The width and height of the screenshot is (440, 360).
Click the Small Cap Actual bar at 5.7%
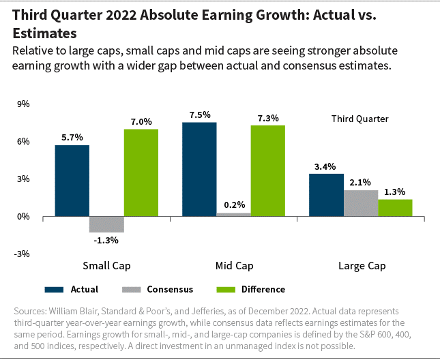[72, 181]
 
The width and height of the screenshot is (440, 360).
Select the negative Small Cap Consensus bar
[106, 224]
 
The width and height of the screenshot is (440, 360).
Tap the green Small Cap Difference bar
[141, 172]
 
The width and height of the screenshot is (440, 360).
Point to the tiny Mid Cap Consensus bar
[233, 215]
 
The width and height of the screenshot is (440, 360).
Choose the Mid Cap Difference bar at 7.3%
[268, 170]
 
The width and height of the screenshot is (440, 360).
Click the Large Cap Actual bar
[326, 195]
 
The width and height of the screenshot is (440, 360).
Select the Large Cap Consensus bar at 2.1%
[361, 203]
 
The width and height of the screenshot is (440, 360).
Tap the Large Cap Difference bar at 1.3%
[395, 208]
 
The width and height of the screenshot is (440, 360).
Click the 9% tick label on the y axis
[23, 104]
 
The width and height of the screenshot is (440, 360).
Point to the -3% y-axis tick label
[21, 254]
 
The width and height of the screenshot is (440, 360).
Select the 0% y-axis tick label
[23, 217]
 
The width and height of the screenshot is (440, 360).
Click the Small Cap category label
[106, 265]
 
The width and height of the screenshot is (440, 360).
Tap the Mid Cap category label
[233, 265]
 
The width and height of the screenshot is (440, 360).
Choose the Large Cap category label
[362, 265]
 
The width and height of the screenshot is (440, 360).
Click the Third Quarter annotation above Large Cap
[360, 119]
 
